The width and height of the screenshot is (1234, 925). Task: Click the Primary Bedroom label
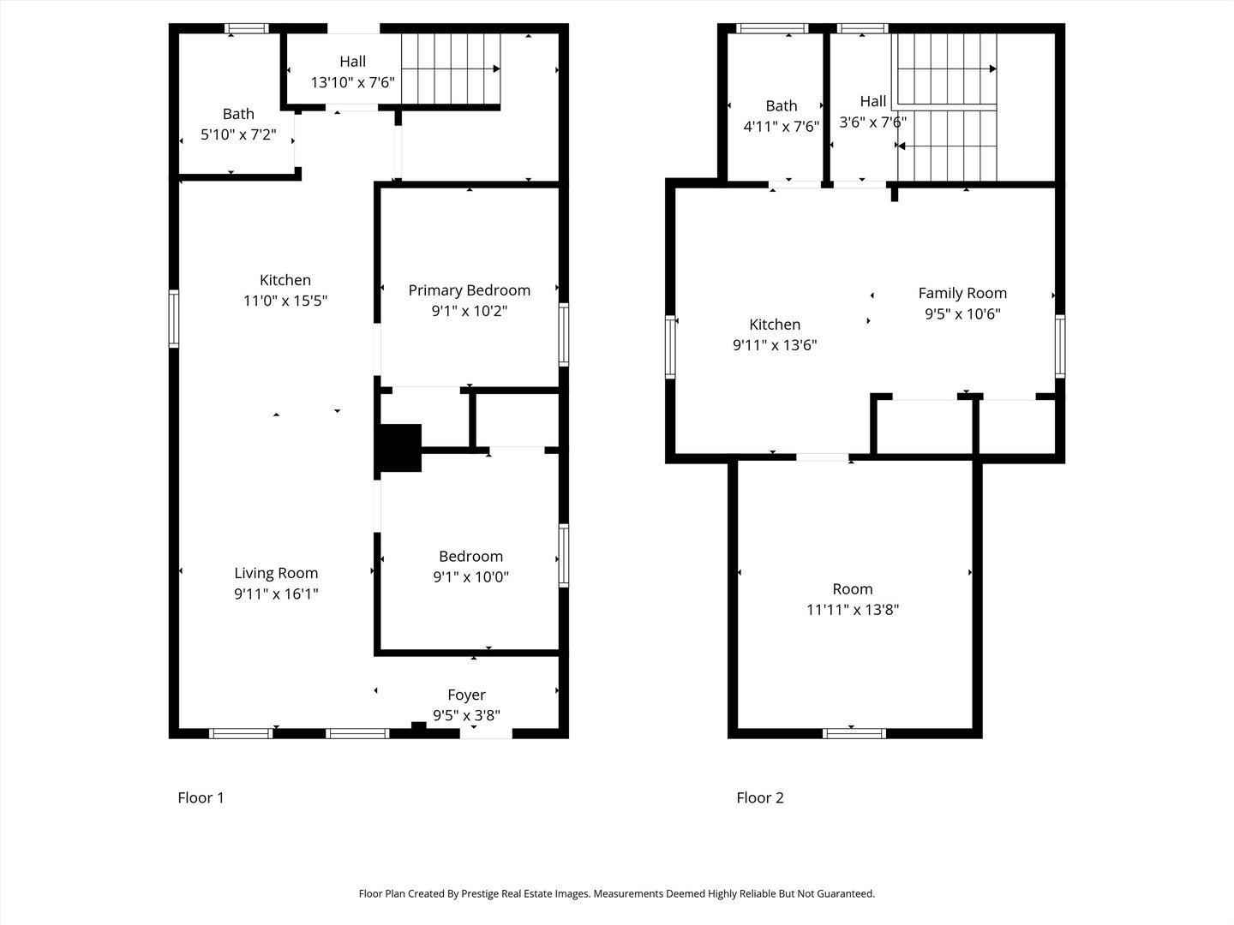tap(470, 290)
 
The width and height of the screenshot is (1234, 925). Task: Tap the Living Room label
tap(276, 573)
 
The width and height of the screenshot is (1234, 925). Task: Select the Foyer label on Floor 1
tap(467, 695)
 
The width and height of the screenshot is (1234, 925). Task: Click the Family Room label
tap(962, 293)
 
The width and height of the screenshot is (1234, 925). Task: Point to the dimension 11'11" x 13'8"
tap(853, 609)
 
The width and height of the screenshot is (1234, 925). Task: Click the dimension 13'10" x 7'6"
tap(353, 82)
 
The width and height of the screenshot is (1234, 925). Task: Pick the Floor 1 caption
tap(201, 797)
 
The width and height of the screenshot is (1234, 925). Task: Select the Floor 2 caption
tap(760, 797)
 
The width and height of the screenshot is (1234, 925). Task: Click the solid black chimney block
tap(400, 448)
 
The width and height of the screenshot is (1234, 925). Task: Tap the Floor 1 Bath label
tap(238, 114)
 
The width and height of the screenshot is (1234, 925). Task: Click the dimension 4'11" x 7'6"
tap(782, 127)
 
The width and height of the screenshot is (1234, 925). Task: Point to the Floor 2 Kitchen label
tap(775, 325)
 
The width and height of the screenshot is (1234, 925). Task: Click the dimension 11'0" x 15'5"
tap(285, 301)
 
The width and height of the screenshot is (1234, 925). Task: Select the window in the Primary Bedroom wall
tap(564, 335)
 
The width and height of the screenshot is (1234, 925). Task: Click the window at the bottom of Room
tap(854, 733)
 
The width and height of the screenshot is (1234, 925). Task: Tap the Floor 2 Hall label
tap(873, 102)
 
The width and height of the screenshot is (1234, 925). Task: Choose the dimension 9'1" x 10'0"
tap(470, 576)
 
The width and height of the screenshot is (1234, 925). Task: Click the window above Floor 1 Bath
tap(247, 28)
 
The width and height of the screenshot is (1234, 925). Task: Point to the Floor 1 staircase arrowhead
tap(496, 69)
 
